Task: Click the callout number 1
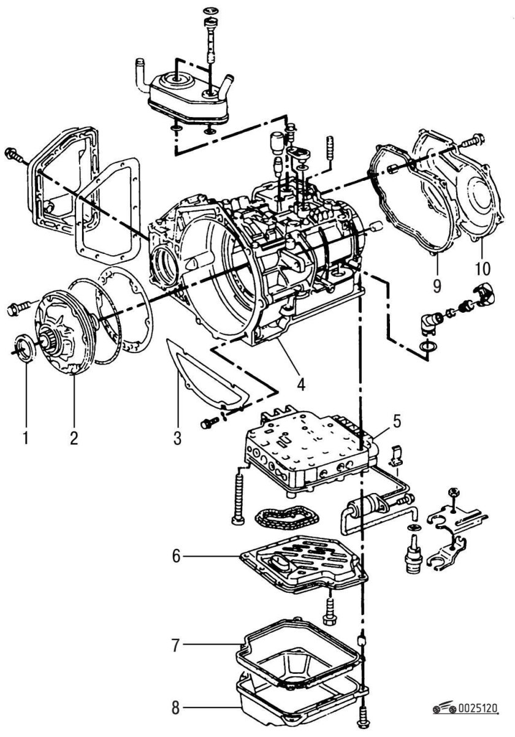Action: pos(26,437)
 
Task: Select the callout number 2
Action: pos(74,437)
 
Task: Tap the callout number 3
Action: pos(177,438)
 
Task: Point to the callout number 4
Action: pos(301,384)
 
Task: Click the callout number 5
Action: pos(397,421)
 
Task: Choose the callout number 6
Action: pos(177,556)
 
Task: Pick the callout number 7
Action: pos(176,645)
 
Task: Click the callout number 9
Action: pos(437,286)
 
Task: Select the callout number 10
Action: pos(483,268)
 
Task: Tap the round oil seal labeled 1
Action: pos(23,347)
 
